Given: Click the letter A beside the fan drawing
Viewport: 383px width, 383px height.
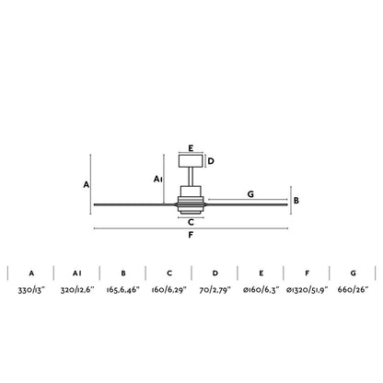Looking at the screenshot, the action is (87, 185).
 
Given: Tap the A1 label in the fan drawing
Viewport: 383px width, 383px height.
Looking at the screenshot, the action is (157, 179).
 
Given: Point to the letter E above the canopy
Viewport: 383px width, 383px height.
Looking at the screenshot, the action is (191, 148).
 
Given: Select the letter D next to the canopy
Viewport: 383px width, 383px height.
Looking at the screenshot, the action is (211, 161).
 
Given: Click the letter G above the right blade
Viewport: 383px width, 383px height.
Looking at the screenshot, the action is (250, 194).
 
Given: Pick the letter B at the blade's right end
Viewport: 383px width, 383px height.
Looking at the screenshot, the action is (296, 201).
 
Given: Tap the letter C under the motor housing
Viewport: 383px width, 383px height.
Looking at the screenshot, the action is (191, 222).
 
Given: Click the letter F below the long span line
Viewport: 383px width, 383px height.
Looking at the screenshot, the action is (191, 235).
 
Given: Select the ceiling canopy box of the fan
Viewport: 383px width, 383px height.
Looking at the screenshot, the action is (191, 161).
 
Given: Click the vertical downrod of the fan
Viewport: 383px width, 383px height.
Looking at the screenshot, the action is (191, 177).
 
